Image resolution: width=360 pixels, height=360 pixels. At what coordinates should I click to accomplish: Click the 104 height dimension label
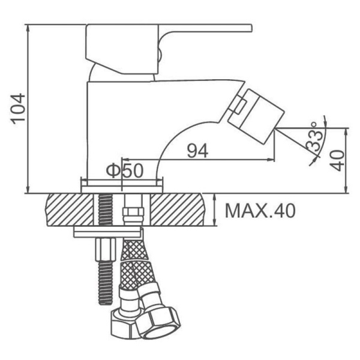pos(19,109)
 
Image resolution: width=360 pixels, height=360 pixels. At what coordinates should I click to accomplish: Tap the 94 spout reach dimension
pos(197,151)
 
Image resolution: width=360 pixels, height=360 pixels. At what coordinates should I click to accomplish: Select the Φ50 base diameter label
pos(125,171)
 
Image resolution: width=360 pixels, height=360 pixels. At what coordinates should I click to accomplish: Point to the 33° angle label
pos(314,136)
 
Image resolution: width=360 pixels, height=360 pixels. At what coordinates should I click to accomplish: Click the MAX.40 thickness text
pos(260,211)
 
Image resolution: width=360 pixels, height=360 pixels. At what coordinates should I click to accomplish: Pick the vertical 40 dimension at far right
pos(338,160)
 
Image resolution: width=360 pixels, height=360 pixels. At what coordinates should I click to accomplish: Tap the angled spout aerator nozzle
pos(256,115)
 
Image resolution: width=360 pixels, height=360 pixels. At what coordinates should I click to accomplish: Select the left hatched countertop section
pos(70,209)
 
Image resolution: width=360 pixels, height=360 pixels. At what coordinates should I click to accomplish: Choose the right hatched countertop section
pos(177,209)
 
